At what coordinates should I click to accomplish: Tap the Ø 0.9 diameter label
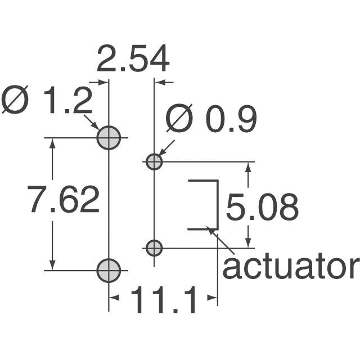[211, 119]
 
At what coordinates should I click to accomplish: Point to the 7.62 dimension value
[64, 200]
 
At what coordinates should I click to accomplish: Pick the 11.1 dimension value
[164, 301]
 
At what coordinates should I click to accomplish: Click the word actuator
[290, 267]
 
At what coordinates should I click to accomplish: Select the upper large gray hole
[109, 137]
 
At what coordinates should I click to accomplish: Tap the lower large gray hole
[109, 271]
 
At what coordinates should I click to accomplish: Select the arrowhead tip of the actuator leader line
[211, 229]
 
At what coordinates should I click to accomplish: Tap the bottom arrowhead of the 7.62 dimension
[53, 266]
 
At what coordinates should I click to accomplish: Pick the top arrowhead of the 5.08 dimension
[248, 166]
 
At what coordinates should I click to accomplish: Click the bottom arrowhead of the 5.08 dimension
[248, 242]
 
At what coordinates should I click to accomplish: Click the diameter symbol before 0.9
[179, 119]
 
